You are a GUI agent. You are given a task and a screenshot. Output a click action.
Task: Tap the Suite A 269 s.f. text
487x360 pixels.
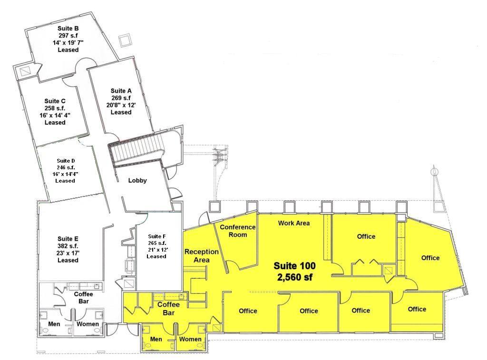(121, 95)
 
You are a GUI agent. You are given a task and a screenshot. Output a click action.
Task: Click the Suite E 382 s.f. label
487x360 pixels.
(68, 242)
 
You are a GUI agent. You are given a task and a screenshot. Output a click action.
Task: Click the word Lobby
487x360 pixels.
(137, 180)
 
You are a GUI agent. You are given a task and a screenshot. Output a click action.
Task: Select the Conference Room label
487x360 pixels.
(238, 231)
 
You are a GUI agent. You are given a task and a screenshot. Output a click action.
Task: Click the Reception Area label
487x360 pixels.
(202, 256)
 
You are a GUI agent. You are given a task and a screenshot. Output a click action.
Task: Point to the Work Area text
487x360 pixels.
(294, 223)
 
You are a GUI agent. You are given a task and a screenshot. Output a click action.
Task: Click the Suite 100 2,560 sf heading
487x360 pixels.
(294, 271)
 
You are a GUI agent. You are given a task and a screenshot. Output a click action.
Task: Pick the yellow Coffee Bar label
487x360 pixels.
(169, 309)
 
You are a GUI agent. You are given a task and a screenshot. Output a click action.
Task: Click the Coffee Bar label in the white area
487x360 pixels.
(84, 298)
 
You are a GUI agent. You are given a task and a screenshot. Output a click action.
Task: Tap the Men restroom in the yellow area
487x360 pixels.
(156, 339)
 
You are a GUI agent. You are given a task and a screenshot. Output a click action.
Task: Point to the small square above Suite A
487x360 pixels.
(126, 40)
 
